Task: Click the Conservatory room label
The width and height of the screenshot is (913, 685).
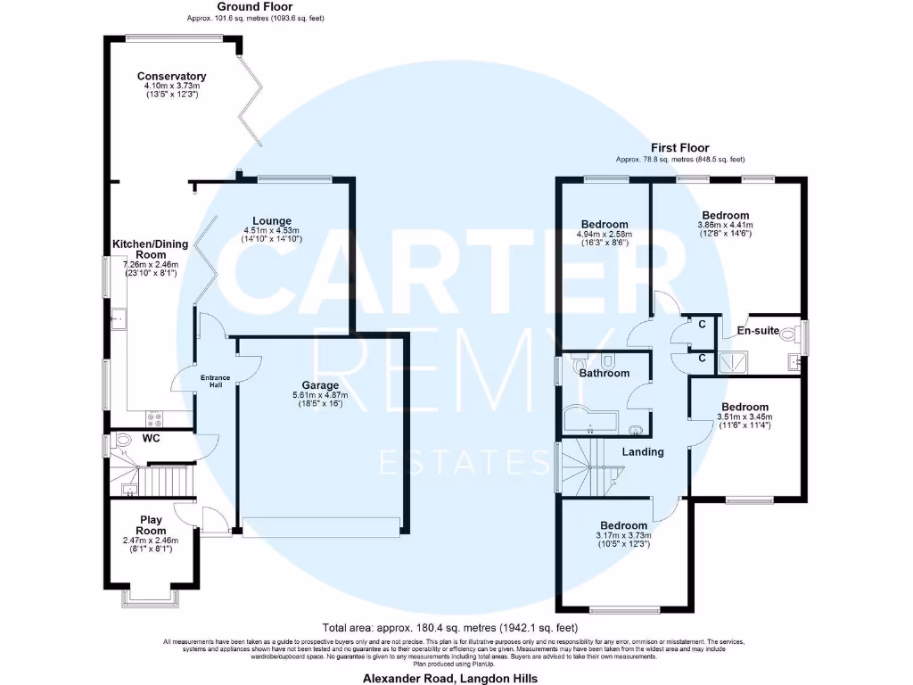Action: click(171, 77)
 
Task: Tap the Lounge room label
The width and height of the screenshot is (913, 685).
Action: click(272, 221)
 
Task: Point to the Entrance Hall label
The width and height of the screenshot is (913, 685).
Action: click(215, 381)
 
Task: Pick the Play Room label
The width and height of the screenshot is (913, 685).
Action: click(151, 525)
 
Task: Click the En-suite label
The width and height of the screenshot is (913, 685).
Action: click(759, 331)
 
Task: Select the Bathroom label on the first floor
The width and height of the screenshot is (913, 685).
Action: click(604, 373)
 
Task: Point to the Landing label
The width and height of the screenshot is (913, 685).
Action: click(643, 451)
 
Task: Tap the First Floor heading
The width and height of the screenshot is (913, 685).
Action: click(679, 148)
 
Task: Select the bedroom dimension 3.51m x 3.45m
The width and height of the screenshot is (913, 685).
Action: click(744, 417)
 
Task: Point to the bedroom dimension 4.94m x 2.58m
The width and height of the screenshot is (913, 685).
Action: click(605, 235)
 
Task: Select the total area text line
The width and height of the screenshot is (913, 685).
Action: click(456, 627)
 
